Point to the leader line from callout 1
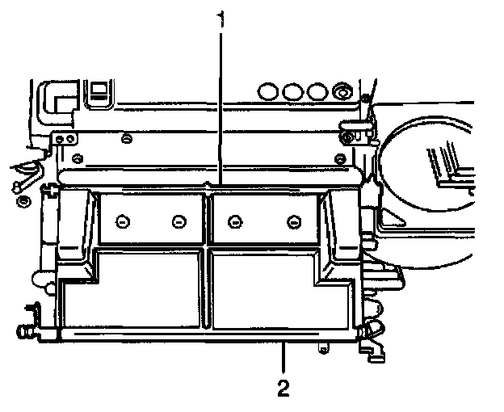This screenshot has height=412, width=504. tap(219, 105)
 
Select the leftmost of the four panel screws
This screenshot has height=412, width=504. tap(123, 220)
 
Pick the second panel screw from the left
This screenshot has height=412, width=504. tap(178, 220)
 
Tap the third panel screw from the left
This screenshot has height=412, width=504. tap(235, 220)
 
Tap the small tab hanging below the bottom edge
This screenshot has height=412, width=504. tap(323, 348)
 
